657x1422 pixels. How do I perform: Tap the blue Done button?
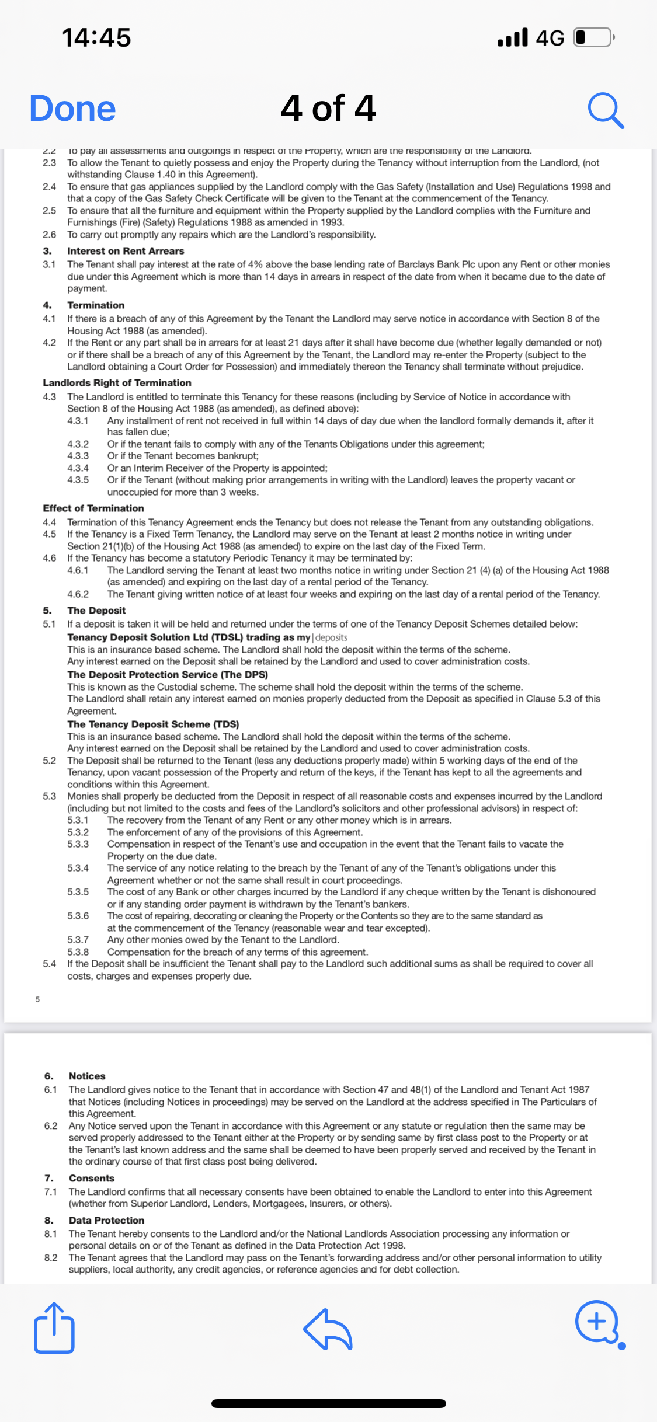coord(72,109)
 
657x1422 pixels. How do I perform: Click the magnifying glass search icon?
coord(606,110)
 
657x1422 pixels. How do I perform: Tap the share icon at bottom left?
coord(54,1328)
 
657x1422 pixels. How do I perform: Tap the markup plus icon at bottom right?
coord(597,1321)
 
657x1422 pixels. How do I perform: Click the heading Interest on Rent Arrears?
coord(126,251)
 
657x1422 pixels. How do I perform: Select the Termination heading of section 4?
coord(96,305)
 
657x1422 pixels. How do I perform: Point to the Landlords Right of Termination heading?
coord(117,383)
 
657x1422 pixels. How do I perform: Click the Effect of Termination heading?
coord(93,508)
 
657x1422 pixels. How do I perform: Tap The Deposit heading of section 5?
coord(96,611)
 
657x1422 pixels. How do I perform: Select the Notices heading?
coord(87,1076)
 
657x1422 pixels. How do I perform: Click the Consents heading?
coord(92,1178)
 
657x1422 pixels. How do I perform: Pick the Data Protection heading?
coord(106,1220)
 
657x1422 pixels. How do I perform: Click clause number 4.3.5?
coord(78,480)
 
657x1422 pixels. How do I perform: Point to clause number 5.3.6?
coord(78,916)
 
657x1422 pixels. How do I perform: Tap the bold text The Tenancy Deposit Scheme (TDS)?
coord(153,724)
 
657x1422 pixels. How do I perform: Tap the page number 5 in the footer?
coord(37,999)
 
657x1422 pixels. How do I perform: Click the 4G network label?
coord(550,38)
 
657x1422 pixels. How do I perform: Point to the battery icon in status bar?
coord(593,37)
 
